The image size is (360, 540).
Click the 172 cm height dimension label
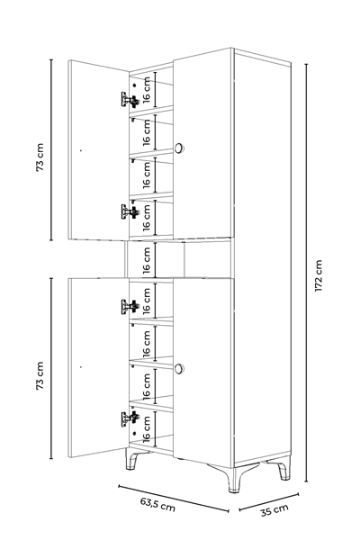(319, 276)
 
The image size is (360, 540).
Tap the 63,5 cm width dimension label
(157, 504)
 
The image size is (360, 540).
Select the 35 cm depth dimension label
(274, 510)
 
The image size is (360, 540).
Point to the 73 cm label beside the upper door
(40, 157)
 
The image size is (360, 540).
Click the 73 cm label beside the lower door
(40, 375)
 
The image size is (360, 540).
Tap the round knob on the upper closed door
(179, 148)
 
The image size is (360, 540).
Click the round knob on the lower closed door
(179, 368)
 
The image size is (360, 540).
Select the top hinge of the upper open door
(130, 100)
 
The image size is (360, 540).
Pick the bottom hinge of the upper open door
(130, 211)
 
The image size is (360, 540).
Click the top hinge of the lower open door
(130, 306)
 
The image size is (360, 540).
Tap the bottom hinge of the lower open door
(130, 418)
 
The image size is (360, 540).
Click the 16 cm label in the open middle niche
(147, 260)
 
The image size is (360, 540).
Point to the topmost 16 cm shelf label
(147, 90)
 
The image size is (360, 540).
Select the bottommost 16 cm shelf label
(147, 428)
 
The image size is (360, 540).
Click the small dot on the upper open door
(81, 150)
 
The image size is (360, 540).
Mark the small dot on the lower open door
(81, 367)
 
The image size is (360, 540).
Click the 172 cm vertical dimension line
(306, 273)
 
